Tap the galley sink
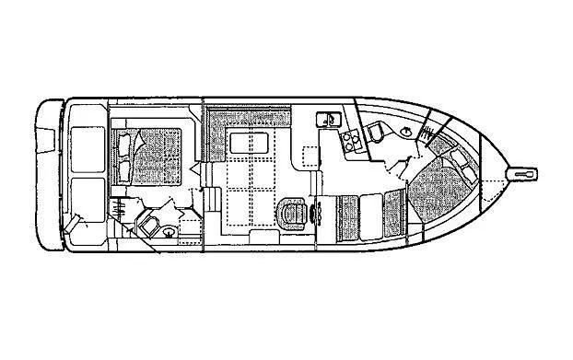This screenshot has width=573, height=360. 327,119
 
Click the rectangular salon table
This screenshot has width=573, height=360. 249,143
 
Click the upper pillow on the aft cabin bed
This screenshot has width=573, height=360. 123,144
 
